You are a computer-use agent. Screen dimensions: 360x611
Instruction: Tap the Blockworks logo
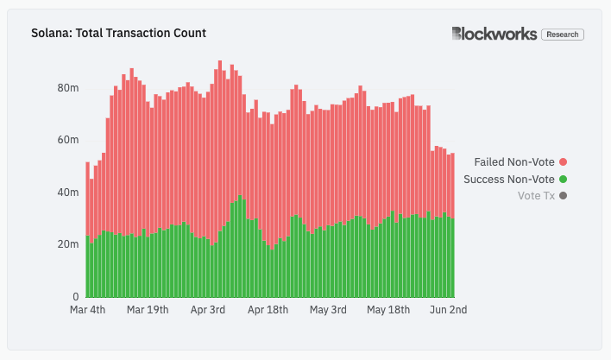click(x=493, y=34)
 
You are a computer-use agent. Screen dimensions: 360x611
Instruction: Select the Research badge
click(x=563, y=35)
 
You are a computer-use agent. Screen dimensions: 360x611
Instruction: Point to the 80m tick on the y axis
click(x=68, y=88)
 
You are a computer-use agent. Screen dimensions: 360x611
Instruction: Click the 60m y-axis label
click(x=68, y=140)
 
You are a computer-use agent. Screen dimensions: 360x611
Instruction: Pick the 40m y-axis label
click(x=68, y=193)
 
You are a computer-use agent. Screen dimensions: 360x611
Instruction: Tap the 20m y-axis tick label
click(x=68, y=244)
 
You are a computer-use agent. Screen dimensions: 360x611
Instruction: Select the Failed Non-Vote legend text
click(x=514, y=161)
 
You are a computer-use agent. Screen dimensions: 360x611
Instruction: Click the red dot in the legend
click(x=564, y=161)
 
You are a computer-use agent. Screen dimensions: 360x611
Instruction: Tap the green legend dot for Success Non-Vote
click(x=564, y=179)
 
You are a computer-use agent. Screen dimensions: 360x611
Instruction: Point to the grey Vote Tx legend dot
click(x=564, y=196)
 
